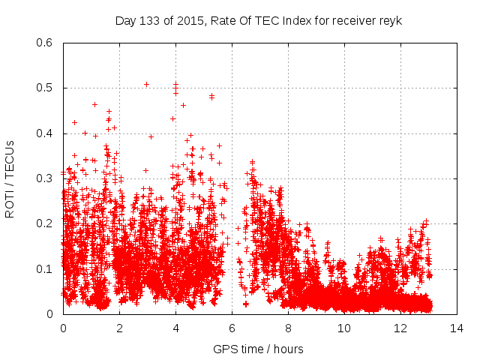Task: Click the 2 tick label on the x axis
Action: click(119, 328)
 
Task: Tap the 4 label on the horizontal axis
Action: click(175, 328)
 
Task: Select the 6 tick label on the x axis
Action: click(232, 328)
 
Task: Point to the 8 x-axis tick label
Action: click(288, 328)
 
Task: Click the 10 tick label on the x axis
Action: click(344, 328)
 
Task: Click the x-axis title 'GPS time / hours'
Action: click(258, 349)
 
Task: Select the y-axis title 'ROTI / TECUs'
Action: click(10, 178)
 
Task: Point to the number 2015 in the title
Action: click(191, 20)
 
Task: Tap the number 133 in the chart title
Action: click(149, 20)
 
